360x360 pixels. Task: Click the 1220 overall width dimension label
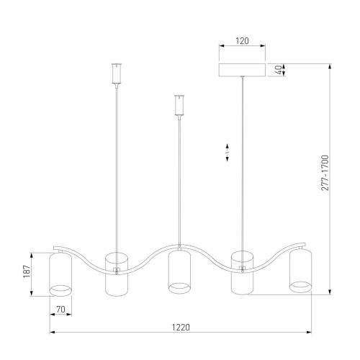[181, 327]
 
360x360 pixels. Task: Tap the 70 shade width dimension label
[60, 310]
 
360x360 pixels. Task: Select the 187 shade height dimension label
[27, 271]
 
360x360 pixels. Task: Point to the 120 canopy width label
[242, 41]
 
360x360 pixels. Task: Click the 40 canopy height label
[279, 70]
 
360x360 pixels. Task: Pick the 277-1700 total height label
[325, 173]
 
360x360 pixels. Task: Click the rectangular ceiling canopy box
[242, 70]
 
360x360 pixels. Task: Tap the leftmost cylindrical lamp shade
[60, 274]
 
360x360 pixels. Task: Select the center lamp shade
[179, 271]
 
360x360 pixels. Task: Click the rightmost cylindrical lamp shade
[300, 271]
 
